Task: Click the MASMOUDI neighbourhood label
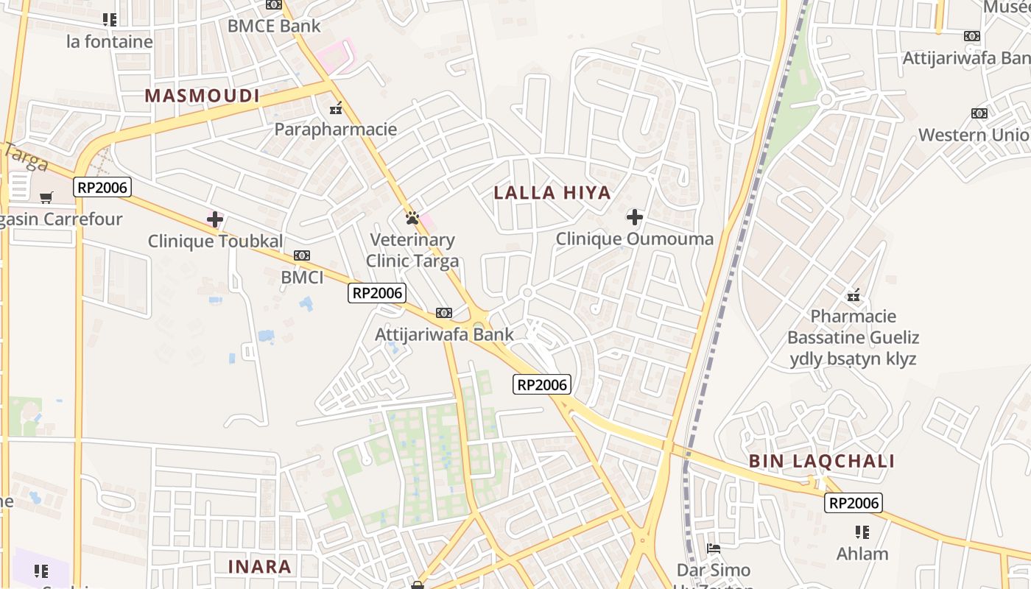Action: pos(202,96)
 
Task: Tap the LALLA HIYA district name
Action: pos(552,193)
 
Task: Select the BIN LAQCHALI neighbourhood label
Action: pos(822,462)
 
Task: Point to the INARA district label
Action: pos(260,567)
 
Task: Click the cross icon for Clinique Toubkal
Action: pos(215,219)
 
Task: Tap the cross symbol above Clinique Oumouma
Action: pos(634,217)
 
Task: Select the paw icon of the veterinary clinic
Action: pos(412,218)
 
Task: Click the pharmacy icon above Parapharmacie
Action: pos(336,108)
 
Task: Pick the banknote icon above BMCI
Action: pos(302,255)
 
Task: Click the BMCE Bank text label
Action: pos(274,26)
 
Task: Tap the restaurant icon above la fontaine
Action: pos(110,20)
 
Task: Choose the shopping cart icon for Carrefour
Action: pos(46,197)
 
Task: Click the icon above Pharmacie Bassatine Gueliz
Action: pos(854,295)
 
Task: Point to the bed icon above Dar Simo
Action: pos(713,549)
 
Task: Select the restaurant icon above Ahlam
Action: pos(862,532)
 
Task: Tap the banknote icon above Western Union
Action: pos(979,113)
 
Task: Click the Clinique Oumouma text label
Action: pos(634,239)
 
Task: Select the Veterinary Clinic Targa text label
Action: pos(412,250)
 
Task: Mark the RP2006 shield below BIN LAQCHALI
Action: pos(854,503)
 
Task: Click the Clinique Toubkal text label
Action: pos(215,241)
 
